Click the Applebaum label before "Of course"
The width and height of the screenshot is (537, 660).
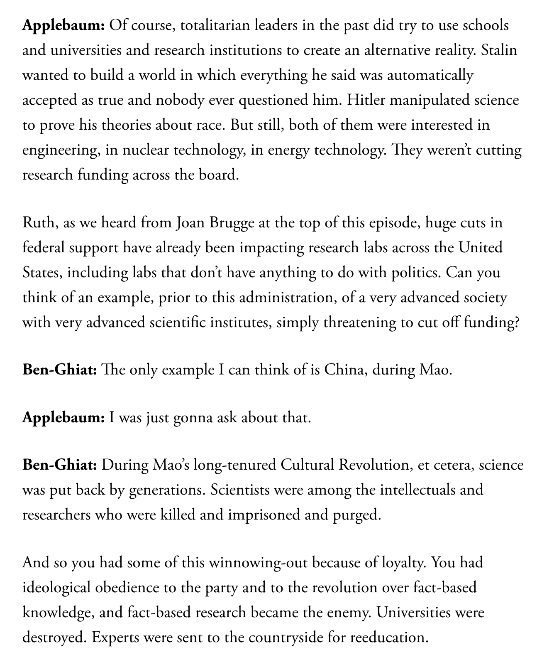(x=63, y=26)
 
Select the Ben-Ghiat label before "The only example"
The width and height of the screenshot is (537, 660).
(x=59, y=369)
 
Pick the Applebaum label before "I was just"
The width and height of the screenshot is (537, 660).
(x=63, y=417)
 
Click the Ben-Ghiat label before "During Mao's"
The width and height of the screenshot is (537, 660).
(x=59, y=465)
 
